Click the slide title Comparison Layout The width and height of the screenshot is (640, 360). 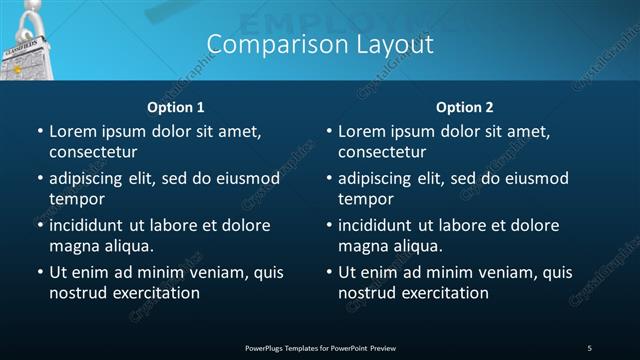click(320, 45)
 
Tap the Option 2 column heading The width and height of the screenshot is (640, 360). click(464, 107)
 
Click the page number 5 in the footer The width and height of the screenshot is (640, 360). click(589, 347)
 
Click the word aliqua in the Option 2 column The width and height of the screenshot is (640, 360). click(416, 246)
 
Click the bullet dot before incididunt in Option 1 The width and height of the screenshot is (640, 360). click(40, 225)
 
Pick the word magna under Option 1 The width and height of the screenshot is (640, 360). click(74, 246)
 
